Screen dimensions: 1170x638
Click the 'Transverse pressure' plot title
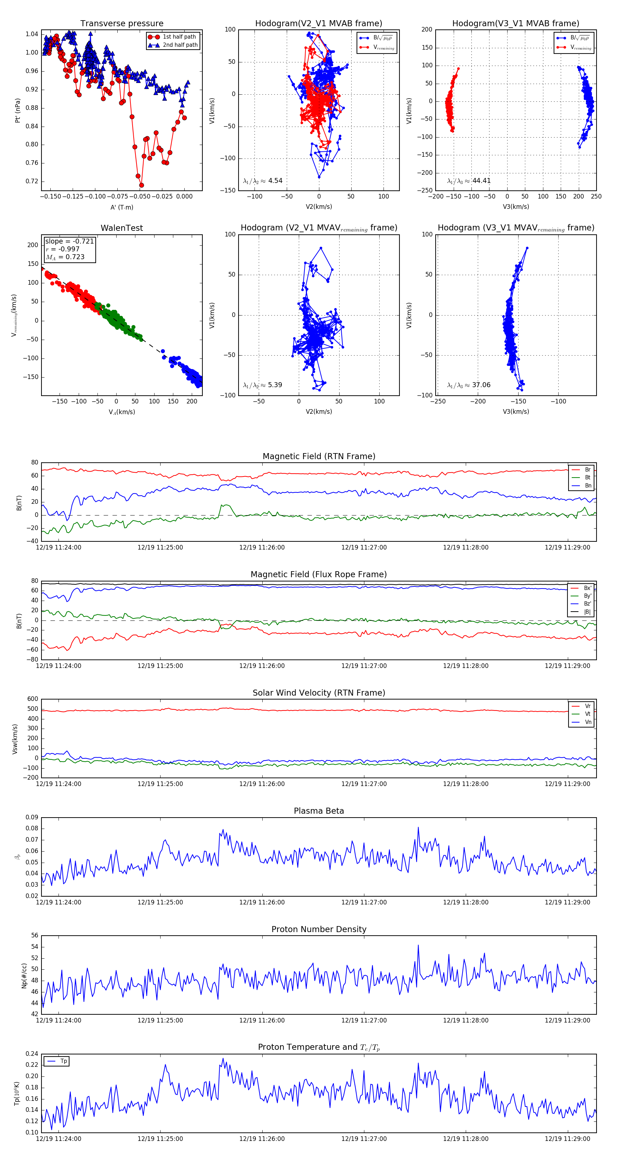tap(122, 24)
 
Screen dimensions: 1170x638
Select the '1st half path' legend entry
tap(179, 37)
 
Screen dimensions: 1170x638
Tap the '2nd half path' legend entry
tap(180, 45)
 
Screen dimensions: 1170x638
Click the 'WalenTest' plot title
tap(122, 228)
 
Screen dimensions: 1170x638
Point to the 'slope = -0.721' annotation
tap(69, 241)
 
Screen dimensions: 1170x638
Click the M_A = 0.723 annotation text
tap(65, 257)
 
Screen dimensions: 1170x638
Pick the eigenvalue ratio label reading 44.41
tap(469, 181)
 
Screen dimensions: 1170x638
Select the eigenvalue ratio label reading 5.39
tap(262, 385)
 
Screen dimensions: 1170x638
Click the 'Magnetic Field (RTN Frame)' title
tap(319, 456)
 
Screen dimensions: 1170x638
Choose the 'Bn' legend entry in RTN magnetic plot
tap(588, 485)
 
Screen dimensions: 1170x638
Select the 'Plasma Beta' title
tap(319, 811)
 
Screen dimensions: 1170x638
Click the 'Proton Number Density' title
tap(319, 929)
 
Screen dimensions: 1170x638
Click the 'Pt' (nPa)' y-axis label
tap(18, 110)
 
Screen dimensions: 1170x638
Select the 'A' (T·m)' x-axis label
tap(122, 207)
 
